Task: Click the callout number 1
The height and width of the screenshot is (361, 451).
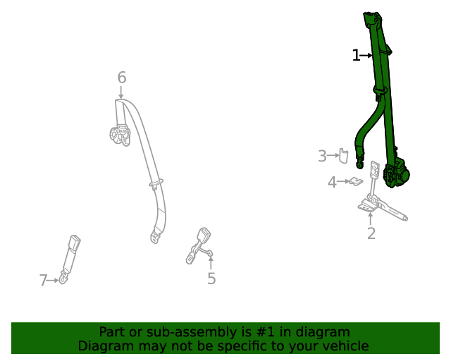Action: pos(356,55)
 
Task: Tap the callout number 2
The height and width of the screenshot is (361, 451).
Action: pos(371,233)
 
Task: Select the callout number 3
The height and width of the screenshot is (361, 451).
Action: pos(322,156)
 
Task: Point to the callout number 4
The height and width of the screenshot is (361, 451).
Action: pos(332,183)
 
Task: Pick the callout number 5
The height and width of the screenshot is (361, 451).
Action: pos(211,279)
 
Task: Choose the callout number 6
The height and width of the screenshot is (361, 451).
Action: pos(121,78)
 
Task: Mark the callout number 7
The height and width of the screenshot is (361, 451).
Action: pos(44,281)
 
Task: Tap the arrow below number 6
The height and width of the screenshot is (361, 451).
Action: pos(121,92)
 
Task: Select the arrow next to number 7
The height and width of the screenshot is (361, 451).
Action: pos(54,281)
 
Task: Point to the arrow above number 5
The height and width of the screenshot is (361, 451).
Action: pos(211,264)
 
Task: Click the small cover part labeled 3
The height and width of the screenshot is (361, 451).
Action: pos(344,155)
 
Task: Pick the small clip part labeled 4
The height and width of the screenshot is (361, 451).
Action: pos(356,183)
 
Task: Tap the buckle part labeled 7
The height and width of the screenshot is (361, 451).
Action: pos(71,256)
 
